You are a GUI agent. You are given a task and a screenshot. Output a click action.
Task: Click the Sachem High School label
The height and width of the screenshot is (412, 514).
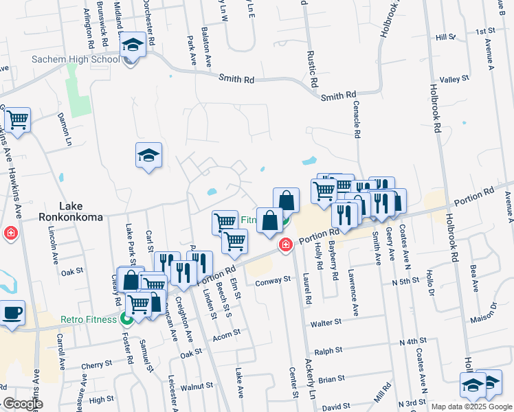(76, 59)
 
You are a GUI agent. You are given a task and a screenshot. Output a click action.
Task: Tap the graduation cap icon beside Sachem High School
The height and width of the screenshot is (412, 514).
(131, 47)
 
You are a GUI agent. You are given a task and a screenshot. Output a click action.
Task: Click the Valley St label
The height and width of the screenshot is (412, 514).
(454, 80)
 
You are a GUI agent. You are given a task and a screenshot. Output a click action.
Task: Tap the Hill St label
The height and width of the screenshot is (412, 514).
(447, 38)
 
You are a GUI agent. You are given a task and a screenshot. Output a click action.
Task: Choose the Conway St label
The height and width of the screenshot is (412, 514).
(269, 282)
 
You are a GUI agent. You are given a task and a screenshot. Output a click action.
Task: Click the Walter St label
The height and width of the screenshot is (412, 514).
(326, 322)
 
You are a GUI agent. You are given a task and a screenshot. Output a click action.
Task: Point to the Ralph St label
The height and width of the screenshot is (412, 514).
(328, 351)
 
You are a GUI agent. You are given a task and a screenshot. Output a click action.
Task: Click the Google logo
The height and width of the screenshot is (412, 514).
(22, 404)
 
